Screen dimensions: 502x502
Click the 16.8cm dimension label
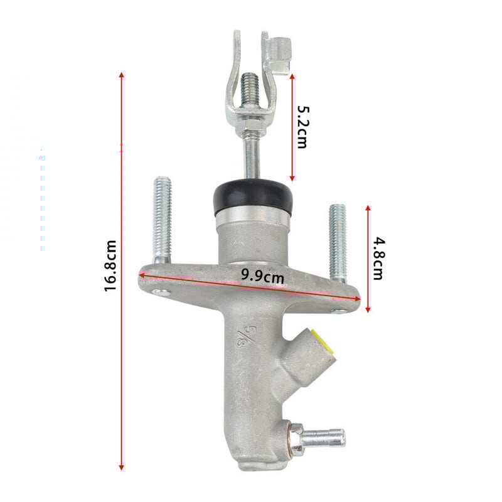(x=111, y=265)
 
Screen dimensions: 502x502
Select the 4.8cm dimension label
(x=377, y=257)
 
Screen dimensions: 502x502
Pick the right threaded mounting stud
(x=338, y=242)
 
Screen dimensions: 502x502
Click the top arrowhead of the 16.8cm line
(x=122, y=75)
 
